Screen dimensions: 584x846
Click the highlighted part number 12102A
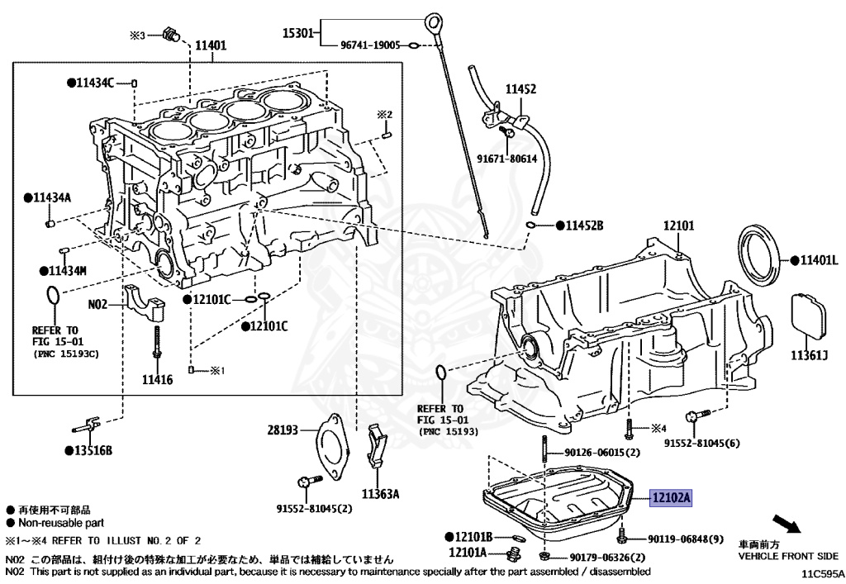click(671, 498)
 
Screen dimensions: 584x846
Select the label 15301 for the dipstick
click(298, 33)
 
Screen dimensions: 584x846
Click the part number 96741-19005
click(372, 46)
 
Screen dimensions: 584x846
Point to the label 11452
click(521, 88)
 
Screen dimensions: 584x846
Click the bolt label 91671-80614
click(506, 159)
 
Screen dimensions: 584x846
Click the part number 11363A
click(380, 494)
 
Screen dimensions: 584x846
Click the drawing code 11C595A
click(821, 572)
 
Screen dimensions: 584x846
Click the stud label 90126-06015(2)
click(603, 453)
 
